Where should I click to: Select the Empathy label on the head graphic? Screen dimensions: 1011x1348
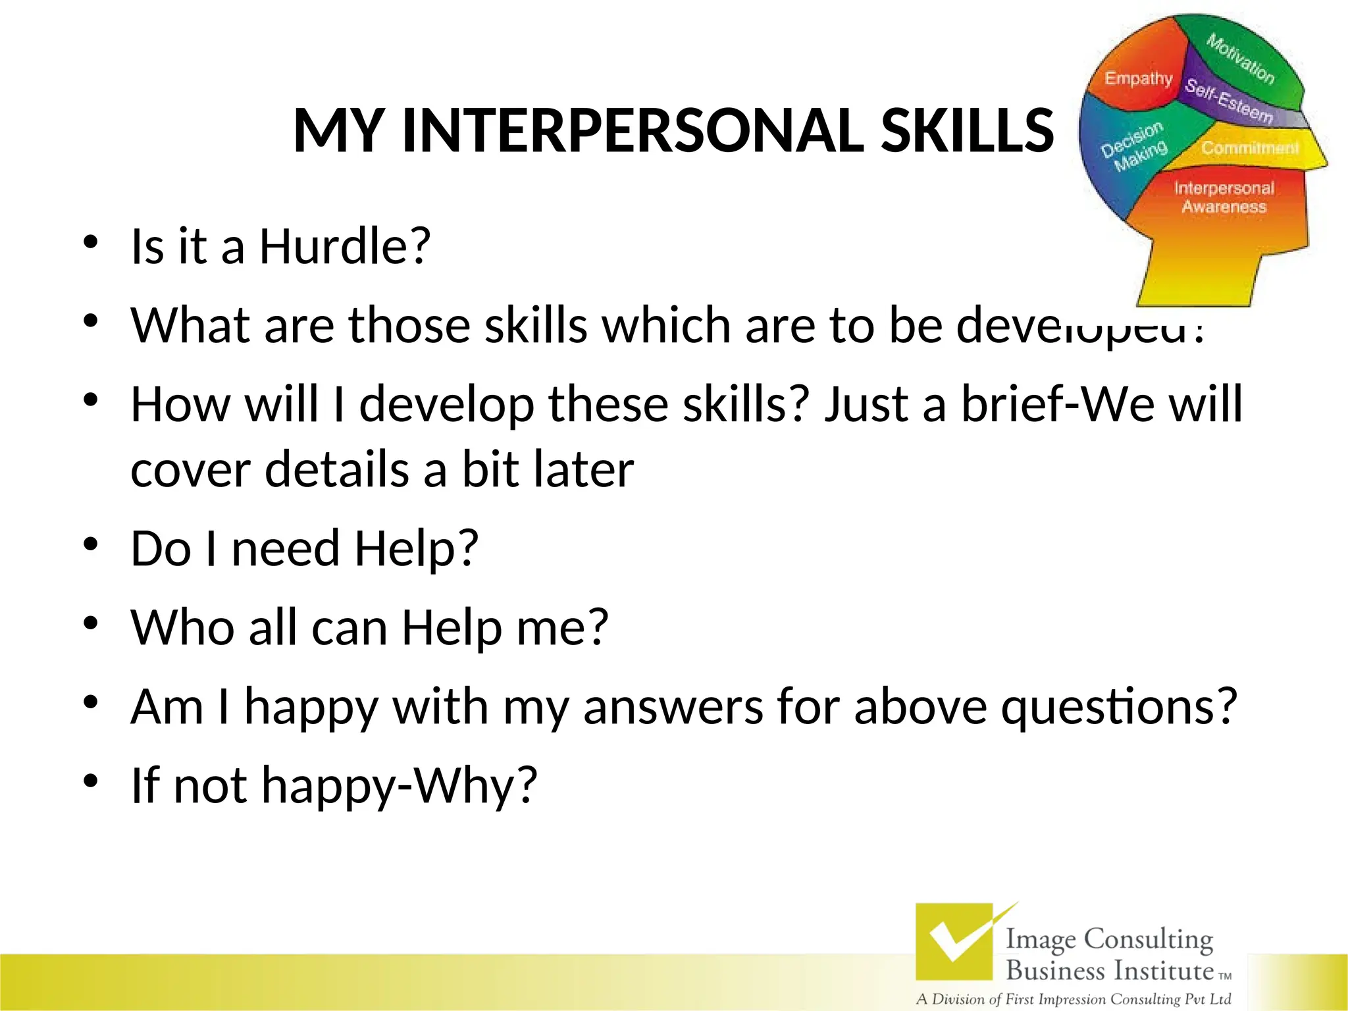pos(1138,78)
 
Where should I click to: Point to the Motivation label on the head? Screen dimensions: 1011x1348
pos(1240,59)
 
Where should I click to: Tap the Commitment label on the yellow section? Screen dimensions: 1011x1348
pos(1249,148)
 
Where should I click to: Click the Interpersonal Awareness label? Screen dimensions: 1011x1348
pos(1224,197)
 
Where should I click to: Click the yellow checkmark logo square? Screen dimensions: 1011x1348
pos(954,942)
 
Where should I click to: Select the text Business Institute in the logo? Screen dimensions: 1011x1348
pos(1110,971)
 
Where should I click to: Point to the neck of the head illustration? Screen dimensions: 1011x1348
pos(1198,276)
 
